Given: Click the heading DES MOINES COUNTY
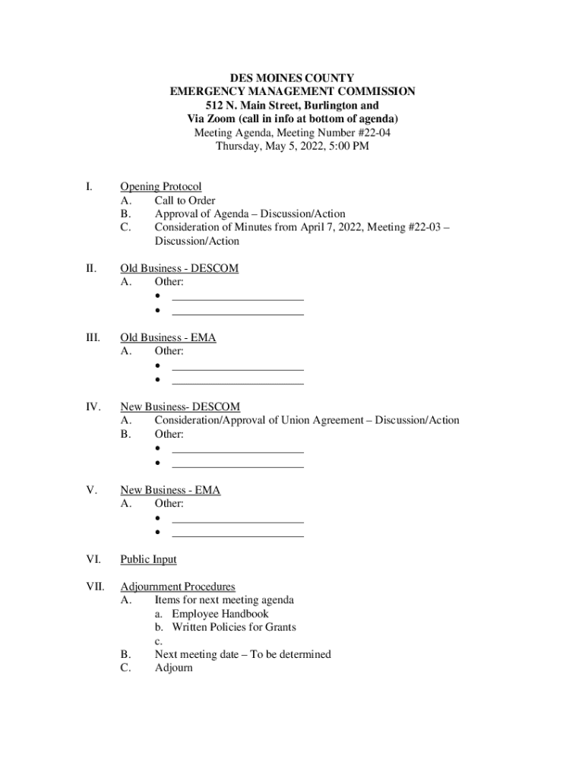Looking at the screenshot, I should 292,77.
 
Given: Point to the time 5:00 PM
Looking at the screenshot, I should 348,146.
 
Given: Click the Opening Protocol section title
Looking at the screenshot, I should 161,187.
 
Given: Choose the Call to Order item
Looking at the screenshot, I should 185,201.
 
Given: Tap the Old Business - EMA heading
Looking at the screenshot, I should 168,337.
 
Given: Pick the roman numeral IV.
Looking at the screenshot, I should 93,407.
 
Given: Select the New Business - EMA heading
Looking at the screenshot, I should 170,490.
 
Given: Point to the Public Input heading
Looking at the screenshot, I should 148,559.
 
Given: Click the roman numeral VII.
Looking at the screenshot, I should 94,587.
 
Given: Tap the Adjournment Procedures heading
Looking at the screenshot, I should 178,587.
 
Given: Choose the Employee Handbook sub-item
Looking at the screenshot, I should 220,614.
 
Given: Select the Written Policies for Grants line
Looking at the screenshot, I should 233,628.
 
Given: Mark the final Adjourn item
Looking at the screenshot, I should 174,669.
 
